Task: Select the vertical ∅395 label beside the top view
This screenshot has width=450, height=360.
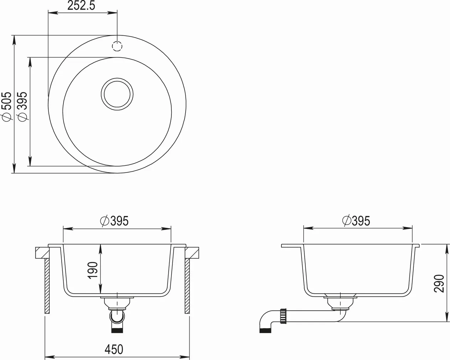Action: (22, 107)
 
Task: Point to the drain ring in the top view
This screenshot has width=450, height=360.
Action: (117, 93)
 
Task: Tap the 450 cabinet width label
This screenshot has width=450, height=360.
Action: (114, 349)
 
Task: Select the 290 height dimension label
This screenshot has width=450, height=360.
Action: (439, 283)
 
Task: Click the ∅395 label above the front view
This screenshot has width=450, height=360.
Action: (115, 221)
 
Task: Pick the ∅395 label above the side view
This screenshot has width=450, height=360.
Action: (356, 221)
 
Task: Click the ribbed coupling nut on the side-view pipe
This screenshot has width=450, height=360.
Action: (284, 316)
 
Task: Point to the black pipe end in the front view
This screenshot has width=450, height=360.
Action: (117, 330)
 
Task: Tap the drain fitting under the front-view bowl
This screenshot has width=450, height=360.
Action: (117, 303)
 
